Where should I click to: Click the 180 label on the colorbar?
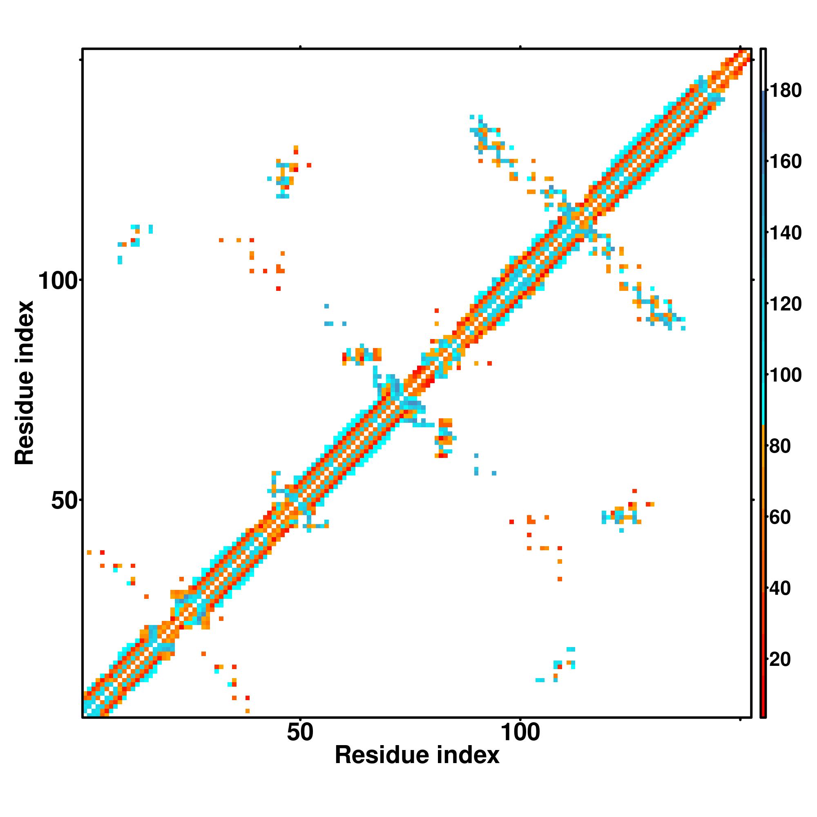coord(785,91)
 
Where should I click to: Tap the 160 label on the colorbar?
coord(785,161)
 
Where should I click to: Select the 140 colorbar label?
coord(785,232)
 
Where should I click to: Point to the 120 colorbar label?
coord(785,304)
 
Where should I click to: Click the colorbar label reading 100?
coord(785,375)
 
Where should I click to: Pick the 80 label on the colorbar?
coord(780,446)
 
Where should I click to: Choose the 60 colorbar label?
coord(780,517)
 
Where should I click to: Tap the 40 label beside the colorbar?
coord(780,588)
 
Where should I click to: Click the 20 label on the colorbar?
coord(780,659)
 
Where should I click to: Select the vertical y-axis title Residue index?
coord(24,383)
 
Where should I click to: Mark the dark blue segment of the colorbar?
coord(763,127)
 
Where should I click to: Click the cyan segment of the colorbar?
coord(763,381)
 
